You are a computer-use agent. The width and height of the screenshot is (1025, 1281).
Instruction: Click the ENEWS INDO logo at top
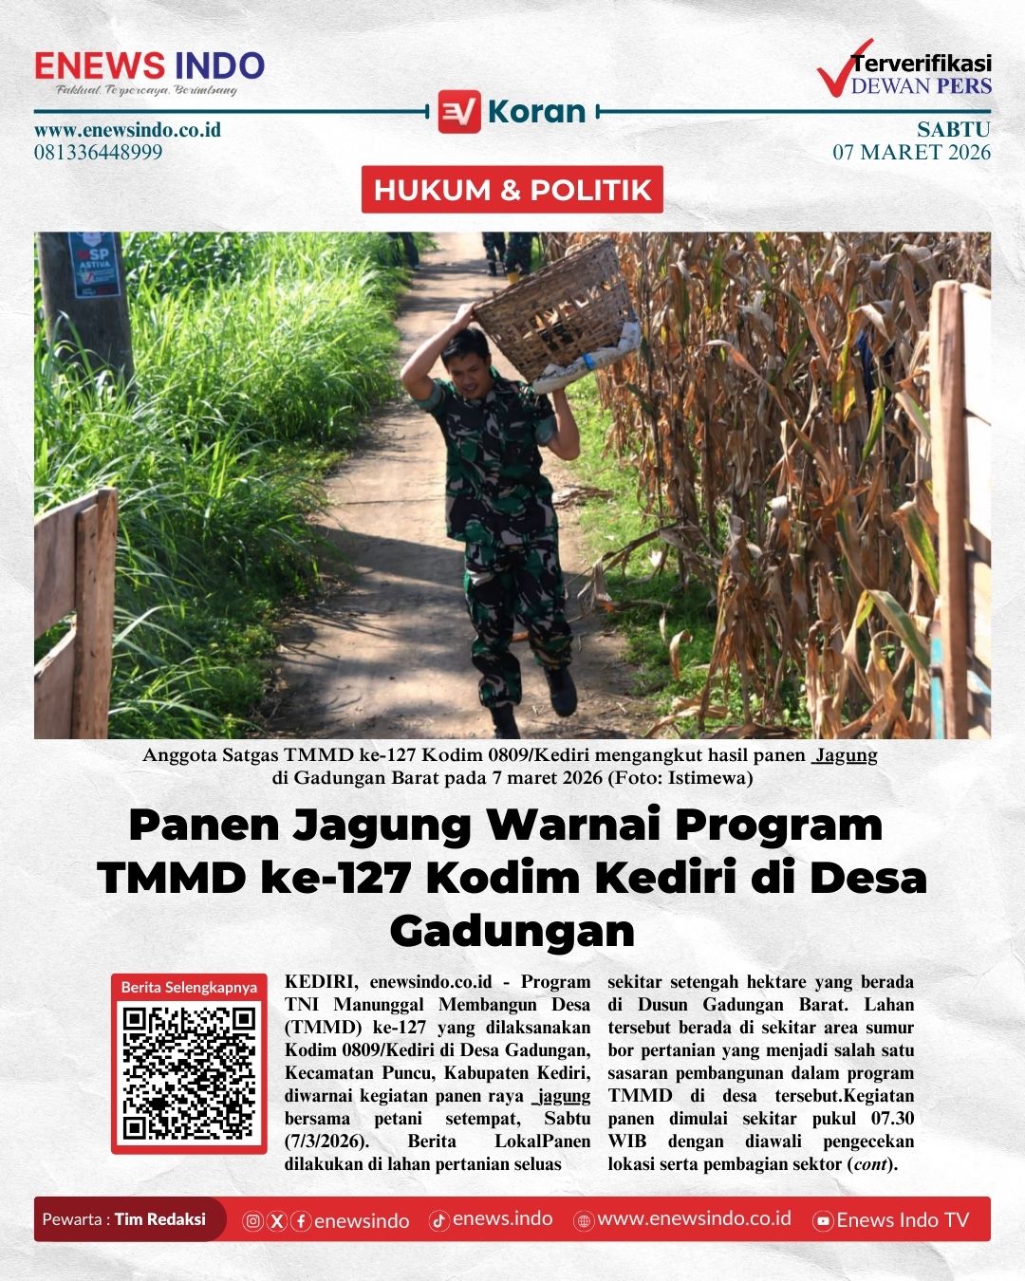149,66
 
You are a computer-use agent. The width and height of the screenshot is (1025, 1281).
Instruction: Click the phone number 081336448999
99,152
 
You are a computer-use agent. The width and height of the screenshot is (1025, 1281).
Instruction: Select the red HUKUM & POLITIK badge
512,190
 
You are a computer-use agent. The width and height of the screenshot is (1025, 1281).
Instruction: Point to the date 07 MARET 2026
911,152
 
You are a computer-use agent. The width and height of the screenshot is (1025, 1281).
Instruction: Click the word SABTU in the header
953,129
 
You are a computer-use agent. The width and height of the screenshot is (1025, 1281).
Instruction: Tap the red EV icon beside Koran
459,111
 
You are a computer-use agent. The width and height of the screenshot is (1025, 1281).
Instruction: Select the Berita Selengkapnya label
189,987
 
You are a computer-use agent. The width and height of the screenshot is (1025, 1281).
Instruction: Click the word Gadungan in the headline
512,931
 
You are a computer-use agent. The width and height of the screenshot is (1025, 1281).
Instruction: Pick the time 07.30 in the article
892,1119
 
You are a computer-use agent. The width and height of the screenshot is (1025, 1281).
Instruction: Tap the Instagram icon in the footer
253,1221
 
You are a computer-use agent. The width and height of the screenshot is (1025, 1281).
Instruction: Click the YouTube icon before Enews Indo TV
824,1221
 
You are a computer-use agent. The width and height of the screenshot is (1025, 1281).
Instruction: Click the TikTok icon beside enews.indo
438,1221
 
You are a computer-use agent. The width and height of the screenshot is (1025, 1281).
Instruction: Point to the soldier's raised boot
561,691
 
